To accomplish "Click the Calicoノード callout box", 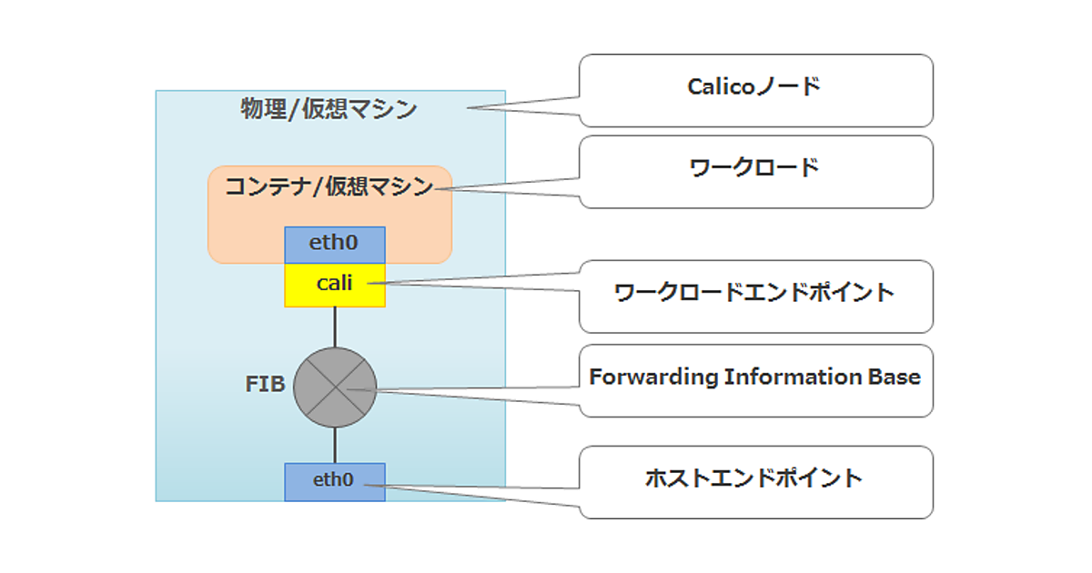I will click(755, 89).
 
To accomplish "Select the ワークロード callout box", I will click(755, 171).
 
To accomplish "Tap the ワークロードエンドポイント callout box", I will click(755, 295).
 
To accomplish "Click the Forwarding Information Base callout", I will click(755, 379).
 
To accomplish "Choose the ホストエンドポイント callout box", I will click(755, 481).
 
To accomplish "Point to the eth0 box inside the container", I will click(335, 245).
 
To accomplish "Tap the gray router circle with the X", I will click(335, 387).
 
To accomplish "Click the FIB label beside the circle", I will click(265, 385).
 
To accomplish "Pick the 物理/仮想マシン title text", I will click(329, 110).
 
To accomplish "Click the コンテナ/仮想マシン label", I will click(329, 187).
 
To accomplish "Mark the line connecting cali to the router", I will click(335, 327).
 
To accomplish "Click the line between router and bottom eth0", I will click(335, 445).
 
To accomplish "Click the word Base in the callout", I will click(896, 377).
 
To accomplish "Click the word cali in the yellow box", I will click(335, 283).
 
